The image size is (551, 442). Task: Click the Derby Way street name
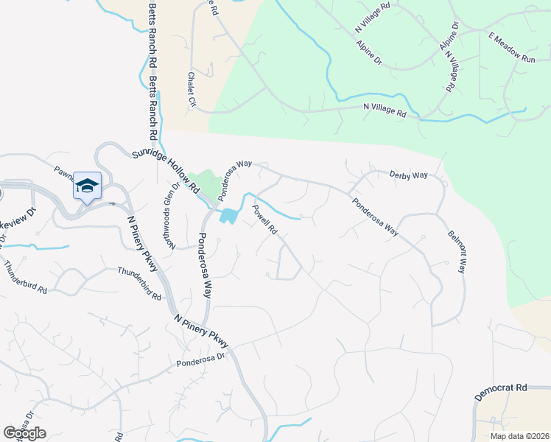point(409,175)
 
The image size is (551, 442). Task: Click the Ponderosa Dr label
point(200,360)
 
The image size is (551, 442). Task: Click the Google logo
point(24,433)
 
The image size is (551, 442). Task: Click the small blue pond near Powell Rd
point(228,216)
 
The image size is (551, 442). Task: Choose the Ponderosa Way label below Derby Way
point(375,217)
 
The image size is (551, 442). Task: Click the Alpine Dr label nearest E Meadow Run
point(449,36)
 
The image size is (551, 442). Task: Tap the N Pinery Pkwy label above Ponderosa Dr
point(202,331)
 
